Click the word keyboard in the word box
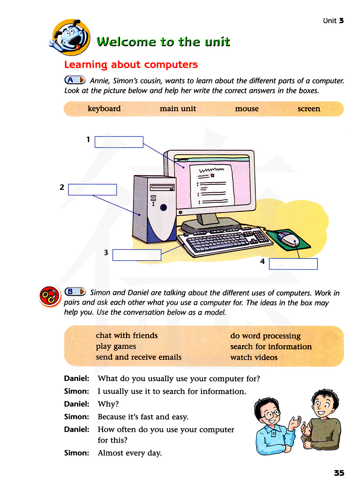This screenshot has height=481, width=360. pyautogui.click(x=104, y=109)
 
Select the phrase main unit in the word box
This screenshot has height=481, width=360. pyautogui.click(x=178, y=109)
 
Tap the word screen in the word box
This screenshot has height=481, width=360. pyautogui.click(x=309, y=109)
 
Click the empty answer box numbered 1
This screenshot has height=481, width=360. pyautogui.click(x=119, y=142)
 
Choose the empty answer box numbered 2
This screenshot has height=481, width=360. pyautogui.click(x=93, y=190)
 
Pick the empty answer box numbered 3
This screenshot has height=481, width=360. pyautogui.click(x=137, y=255)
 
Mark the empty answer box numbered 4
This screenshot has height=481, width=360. pyautogui.click(x=293, y=264)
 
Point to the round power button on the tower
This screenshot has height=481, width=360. pyautogui.click(x=163, y=207)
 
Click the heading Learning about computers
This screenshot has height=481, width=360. pyautogui.click(x=131, y=64)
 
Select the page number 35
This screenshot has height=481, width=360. pyautogui.click(x=339, y=473)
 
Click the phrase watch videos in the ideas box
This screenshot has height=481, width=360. pyautogui.click(x=254, y=358)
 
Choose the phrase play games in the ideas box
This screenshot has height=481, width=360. pyautogui.click(x=116, y=346)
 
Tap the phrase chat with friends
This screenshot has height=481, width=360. pyautogui.click(x=127, y=336)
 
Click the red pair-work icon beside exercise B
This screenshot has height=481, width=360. pyautogui.click(x=49, y=297)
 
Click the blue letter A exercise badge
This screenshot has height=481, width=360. pyautogui.click(x=75, y=80)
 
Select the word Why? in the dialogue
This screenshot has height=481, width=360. pyautogui.click(x=108, y=404)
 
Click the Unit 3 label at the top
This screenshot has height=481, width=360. pyautogui.click(x=333, y=21)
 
